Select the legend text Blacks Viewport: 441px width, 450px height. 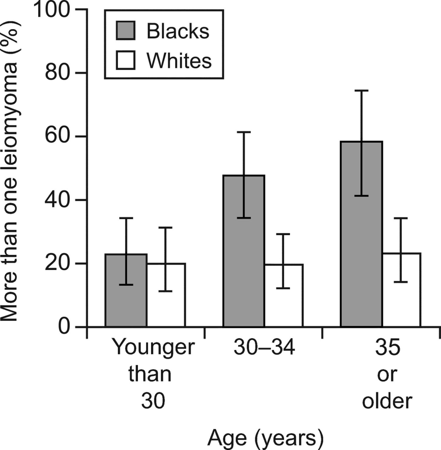point(178,31)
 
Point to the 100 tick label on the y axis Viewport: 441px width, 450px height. point(53,10)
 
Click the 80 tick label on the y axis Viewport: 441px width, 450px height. point(61,73)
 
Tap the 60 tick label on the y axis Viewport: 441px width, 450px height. point(61,137)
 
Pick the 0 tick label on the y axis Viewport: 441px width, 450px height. point(68,327)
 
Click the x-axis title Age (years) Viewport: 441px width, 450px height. point(266,439)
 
